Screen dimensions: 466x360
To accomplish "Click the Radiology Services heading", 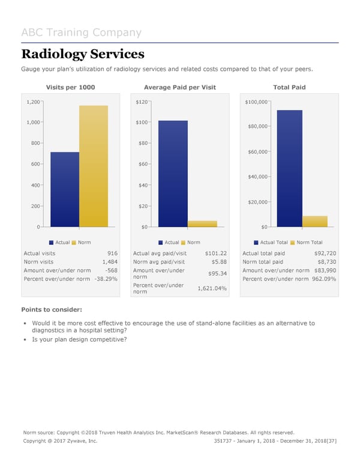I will pos(83,54).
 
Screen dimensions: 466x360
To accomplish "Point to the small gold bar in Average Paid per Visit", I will pos(202,224).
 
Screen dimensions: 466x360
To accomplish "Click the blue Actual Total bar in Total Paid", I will pos(289,169).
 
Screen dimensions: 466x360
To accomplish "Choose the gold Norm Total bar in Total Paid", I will pos(315,222).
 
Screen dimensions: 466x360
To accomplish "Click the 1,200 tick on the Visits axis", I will pos(32,102).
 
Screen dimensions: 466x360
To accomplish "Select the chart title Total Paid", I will pos(289,88).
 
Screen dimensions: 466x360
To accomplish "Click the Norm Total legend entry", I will pos(308,242).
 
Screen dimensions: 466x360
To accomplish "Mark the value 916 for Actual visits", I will pos(112,253).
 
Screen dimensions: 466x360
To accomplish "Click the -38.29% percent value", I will pos(106,279).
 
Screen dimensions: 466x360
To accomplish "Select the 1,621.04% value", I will pos(212,288).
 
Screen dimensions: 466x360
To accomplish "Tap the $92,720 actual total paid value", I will pos(325,253).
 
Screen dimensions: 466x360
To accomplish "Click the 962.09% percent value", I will pos(323,279).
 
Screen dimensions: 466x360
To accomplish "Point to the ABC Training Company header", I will pos(82,33).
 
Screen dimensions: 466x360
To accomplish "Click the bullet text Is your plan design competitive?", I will pos(79,339).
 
